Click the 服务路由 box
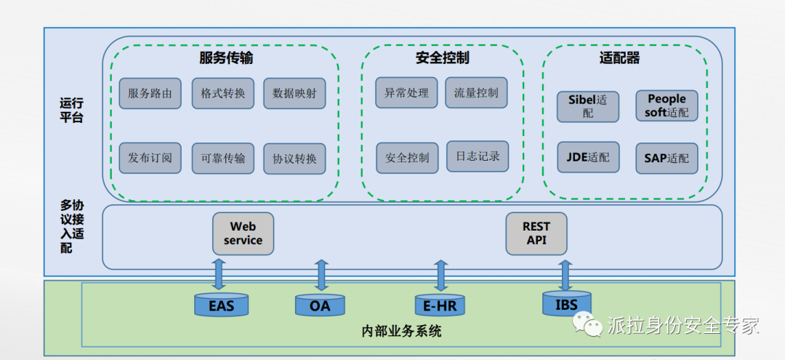pyautogui.click(x=150, y=93)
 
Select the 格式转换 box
pyautogui.click(x=222, y=93)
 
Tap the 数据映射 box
pyautogui.click(x=294, y=93)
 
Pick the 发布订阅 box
pyautogui.click(x=150, y=158)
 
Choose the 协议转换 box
pyautogui.click(x=294, y=159)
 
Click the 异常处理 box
pyautogui.click(x=406, y=92)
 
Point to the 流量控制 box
pyautogui.click(x=476, y=92)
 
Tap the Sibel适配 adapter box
pyautogui.click(x=588, y=106)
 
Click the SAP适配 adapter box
pyautogui.click(x=667, y=158)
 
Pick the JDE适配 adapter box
pyautogui.click(x=588, y=157)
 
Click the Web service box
pyautogui.click(x=243, y=233)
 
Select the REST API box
pyautogui.click(x=536, y=233)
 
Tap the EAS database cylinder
pyautogui.click(x=222, y=305)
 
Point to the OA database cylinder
pyautogui.click(x=320, y=305)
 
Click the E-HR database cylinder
pyautogui.click(x=440, y=305)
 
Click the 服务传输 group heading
pyautogui.click(x=226, y=57)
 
